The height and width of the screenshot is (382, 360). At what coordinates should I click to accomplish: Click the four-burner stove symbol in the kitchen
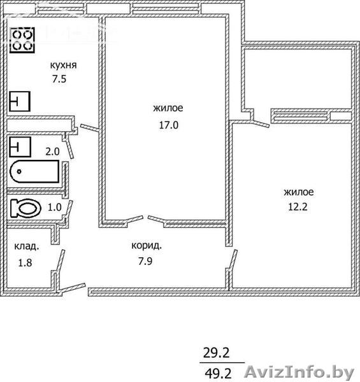(x=22, y=40)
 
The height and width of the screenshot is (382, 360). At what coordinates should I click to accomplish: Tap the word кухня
(x=63, y=66)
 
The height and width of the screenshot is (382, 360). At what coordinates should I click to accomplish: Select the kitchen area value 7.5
(x=59, y=79)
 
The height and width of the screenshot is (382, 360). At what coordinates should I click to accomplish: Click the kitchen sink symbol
(x=20, y=101)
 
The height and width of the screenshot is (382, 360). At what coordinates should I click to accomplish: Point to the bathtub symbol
(x=34, y=171)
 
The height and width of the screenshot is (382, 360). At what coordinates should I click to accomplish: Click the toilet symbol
(x=25, y=208)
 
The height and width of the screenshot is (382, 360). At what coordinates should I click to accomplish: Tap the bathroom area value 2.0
(x=52, y=152)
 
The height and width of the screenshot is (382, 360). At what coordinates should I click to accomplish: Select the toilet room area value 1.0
(x=54, y=208)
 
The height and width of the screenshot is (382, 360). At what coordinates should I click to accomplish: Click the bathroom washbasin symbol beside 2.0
(x=20, y=147)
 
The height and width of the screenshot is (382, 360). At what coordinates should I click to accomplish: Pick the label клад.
(x=27, y=246)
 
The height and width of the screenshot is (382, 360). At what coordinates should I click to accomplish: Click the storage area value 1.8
(x=25, y=262)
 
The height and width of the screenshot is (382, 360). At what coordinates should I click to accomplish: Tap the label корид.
(x=147, y=246)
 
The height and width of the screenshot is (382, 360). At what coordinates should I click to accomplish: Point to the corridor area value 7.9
(x=145, y=261)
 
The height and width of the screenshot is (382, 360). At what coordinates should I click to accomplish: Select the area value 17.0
(x=169, y=125)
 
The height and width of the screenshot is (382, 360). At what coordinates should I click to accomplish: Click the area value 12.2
(x=298, y=207)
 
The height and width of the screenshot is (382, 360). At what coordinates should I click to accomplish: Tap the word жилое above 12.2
(x=299, y=192)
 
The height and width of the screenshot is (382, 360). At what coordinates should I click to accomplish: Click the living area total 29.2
(x=217, y=353)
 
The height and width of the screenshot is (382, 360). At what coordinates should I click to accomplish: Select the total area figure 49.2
(x=218, y=372)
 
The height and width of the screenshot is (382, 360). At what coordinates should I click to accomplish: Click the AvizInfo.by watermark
(x=299, y=372)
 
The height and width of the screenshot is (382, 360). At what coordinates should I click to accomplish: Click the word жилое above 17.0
(x=168, y=108)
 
